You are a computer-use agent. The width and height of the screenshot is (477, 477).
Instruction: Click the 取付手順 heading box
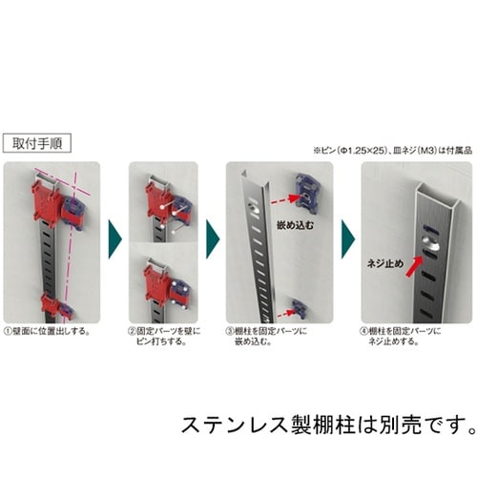(39, 146)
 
